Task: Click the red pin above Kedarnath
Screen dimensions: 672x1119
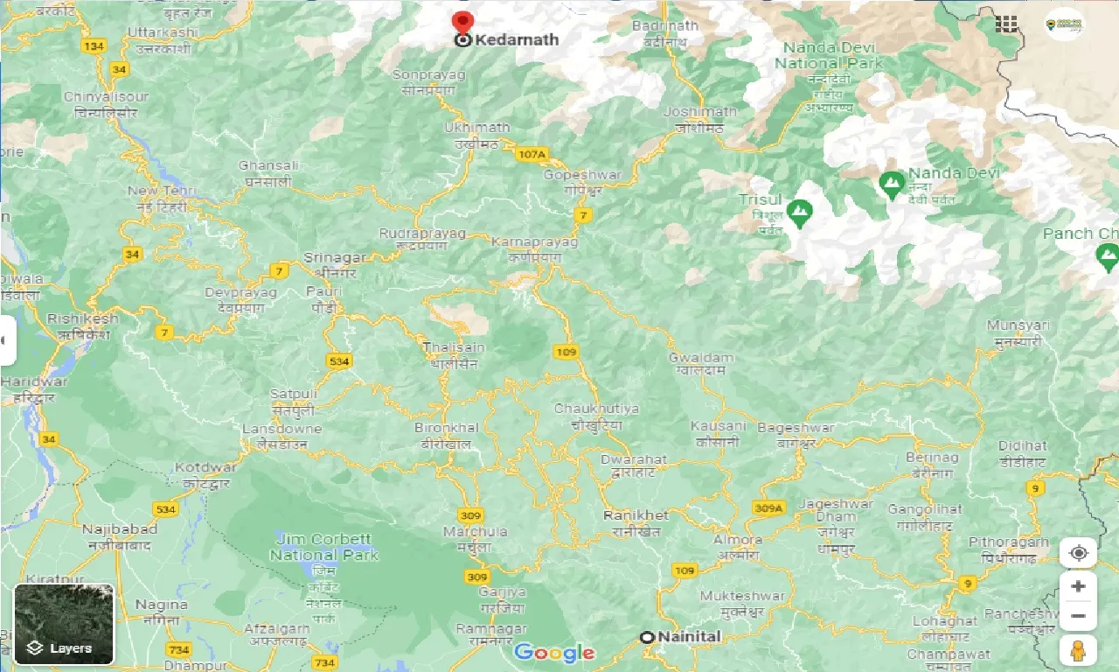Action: click(x=462, y=22)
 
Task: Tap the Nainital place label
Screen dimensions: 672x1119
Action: click(x=689, y=637)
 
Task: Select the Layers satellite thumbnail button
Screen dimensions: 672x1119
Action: click(x=64, y=624)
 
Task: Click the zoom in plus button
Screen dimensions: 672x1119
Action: click(x=1078, y=586)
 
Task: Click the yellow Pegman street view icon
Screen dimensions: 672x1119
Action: click(x=1078, y=650)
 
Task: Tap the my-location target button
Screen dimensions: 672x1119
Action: click(x=1078, y=553)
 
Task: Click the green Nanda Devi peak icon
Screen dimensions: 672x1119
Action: click(x=892, y=184)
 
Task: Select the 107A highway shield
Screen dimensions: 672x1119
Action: click(x=531, y=155)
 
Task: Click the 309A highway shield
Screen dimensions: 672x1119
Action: click(x=768, y=507)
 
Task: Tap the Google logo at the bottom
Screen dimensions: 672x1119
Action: click(x=554, y=652)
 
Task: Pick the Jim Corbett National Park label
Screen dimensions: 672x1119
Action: click(x=323, y=547)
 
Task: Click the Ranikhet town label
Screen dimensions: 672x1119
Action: click(x=636, y=515)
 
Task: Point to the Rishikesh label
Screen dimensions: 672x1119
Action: click(x=82, y=319)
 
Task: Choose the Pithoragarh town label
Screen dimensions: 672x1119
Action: click(x=1009, y=542)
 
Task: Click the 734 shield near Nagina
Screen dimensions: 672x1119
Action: click(x=178, y=649)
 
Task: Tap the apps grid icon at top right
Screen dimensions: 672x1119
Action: click(x=1007, y=24)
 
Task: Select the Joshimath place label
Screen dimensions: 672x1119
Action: click(x=699, y=112)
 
